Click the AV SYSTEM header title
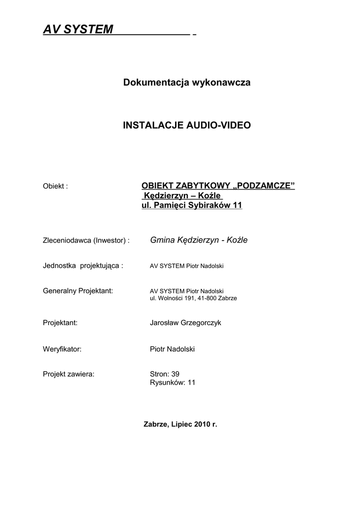[78, 30]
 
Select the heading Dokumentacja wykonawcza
[186, 83]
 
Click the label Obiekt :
[55, 186]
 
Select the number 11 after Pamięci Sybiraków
[237, 205]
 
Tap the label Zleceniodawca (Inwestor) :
[87, 241]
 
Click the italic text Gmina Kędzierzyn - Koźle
[198, 240]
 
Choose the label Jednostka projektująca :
[83, 265]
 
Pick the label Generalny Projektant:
[79, 290]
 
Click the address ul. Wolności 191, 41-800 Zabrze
[193, 298]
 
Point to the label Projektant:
[60, 323]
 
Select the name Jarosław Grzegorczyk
[185, 323]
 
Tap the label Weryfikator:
[62, 349]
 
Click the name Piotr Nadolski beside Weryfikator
[172, 349]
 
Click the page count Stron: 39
[164, 374]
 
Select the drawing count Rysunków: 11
[173, 382]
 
